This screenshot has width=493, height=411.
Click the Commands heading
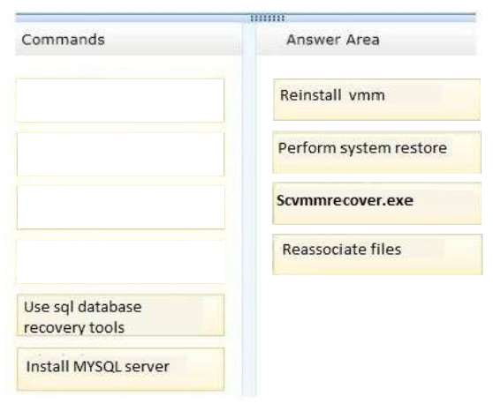coord(63,40)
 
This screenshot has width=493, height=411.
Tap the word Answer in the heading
coord(314,40)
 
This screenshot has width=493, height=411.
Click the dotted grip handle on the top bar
coord(268,19)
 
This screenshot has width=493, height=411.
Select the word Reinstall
coord(311,95)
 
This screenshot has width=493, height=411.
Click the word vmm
coord(367,95)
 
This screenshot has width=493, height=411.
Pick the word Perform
coord(307,148)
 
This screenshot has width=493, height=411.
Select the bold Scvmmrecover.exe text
coord(345,200)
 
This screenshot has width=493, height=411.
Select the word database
coord(110,307)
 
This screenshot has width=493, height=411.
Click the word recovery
coord(54,328)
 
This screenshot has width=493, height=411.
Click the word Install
coord(47,366)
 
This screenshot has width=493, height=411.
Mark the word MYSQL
coord(97,367)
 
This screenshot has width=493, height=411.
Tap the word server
coord(148,367)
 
